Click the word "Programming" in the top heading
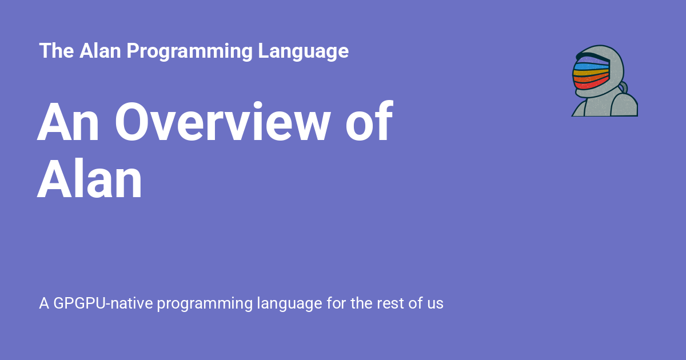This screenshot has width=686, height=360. (x=189, y=51)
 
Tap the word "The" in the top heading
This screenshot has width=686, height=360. (x=57, y=51)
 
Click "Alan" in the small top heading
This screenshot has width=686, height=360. (x=101, y=51)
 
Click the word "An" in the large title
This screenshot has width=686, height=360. (x=70, y=123)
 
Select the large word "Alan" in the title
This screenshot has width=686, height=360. (x=90, y=180)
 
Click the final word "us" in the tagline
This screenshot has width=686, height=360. (x=434, y=303)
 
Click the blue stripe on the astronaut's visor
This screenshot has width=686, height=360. (x=591, y=67)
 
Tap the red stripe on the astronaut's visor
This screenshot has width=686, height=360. (x=591, y=85)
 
